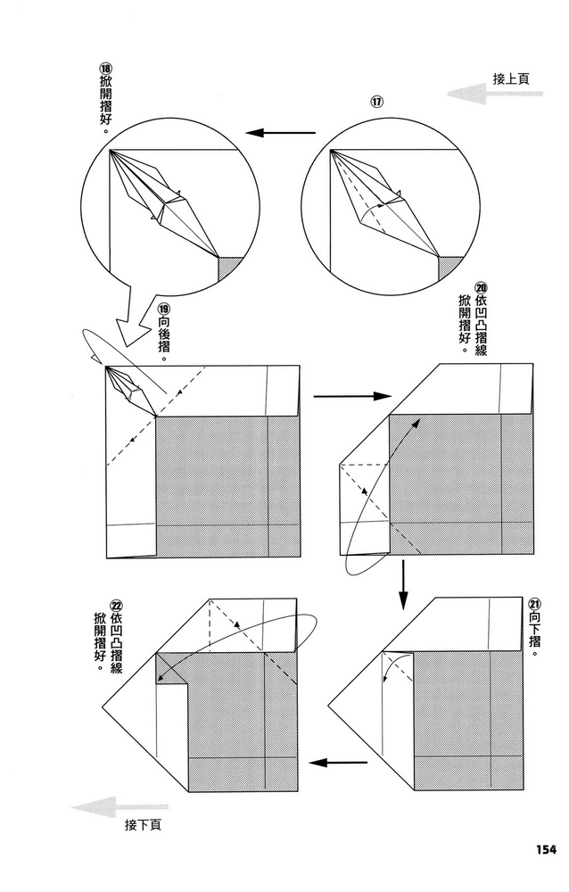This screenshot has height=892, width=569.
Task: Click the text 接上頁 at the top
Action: tap(511, 78)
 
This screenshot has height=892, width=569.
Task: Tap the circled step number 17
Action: tap(377, 102)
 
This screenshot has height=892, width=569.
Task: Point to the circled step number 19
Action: tap(164, 313)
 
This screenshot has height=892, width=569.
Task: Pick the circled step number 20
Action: tap(481, 288)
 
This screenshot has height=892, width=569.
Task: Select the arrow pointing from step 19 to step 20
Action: tap(353, 395)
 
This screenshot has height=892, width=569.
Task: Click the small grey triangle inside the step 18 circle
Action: tap(230, 267)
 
